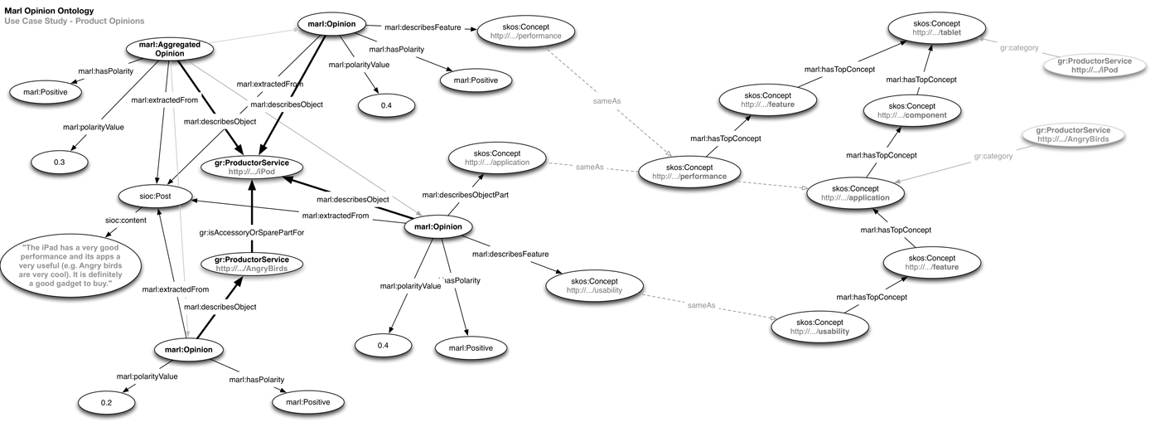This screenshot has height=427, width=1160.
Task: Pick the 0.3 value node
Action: (x=59, y=162)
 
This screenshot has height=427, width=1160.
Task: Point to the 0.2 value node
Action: (x=106, y=403)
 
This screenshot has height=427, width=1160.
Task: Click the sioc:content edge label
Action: (x=125, y=221)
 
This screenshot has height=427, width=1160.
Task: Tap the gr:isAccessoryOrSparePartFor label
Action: (x=251, y=233)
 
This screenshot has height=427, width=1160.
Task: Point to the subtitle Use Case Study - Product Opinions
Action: (x=75, y=21)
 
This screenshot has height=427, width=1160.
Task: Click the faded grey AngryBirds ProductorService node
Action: (x=1066, y=134)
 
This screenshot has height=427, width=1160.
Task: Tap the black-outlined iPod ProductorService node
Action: (x=251, y=166)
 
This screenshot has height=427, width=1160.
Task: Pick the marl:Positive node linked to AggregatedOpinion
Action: (x=40, y=92)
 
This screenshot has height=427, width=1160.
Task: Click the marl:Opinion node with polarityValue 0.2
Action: (x=188, y=350)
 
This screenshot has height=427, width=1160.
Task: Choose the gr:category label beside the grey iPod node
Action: (x=1017, y=48)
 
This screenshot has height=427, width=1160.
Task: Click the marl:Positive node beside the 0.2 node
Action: (x=307, y=402)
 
